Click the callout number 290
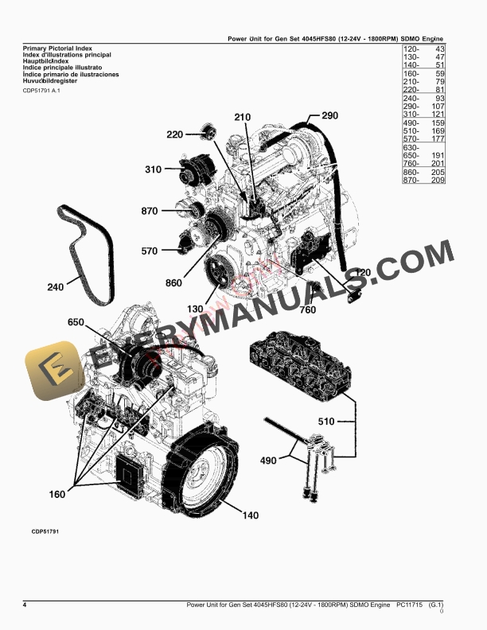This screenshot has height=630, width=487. (329, 116)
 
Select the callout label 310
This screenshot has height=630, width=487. (154, 169)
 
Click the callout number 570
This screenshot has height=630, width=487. (150, 251)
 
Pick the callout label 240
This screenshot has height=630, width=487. (56, 287)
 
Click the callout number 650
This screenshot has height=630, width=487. (76, 322)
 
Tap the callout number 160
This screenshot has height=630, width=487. (57, 494)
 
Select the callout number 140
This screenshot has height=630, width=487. (250, 515)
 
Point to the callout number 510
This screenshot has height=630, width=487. (326, 422)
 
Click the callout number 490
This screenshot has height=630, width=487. (269, 461)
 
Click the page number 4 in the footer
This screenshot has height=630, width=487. (25, 606)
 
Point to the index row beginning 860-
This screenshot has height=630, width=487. (422, 172)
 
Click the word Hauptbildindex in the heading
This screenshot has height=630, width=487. (49, 60)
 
